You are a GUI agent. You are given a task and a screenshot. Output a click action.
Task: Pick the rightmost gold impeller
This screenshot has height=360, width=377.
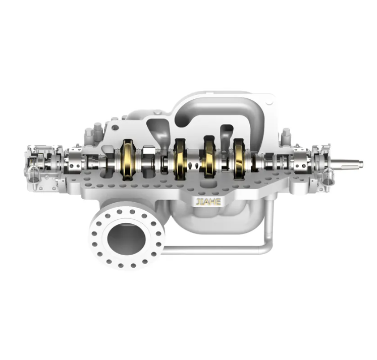(239, 157)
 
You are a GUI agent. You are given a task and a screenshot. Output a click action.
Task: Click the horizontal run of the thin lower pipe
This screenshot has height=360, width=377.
(212, 249)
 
